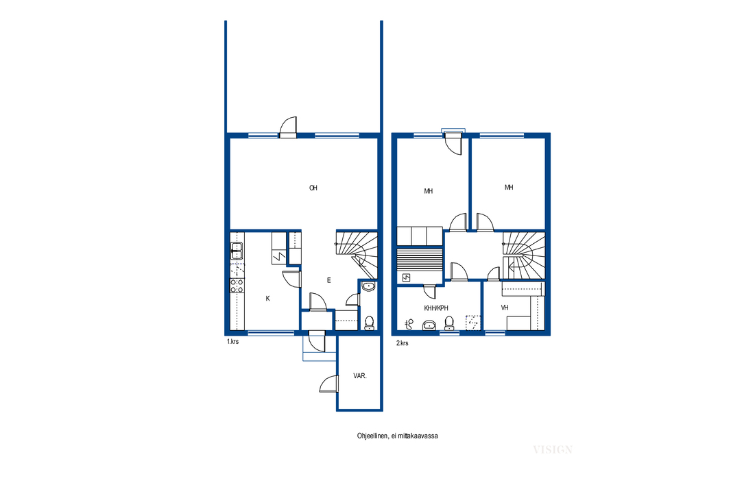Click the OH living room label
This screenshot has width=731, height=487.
(313, 188)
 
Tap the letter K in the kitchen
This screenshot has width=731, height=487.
(267, 299)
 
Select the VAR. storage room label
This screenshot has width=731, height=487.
(360, 376)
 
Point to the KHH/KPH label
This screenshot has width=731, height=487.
(436, 308)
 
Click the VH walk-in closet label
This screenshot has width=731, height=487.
(505, 308)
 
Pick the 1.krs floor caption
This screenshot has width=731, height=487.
(232, 341)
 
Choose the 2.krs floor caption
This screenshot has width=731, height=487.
(403, 343)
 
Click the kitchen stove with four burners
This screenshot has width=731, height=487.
(237, 286)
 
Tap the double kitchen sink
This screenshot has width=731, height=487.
(237, 251)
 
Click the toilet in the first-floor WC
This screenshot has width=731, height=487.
(369, 322)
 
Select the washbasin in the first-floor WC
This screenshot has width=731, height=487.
(368, 286)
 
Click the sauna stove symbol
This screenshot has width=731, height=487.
(407, 278)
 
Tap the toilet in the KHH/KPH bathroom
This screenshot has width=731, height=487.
(449, 322)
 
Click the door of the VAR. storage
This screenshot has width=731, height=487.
(328, 384)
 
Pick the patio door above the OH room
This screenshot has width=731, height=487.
(288, 127)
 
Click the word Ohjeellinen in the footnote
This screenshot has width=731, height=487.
(372, 436)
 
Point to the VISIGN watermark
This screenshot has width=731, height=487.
(553, 449)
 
